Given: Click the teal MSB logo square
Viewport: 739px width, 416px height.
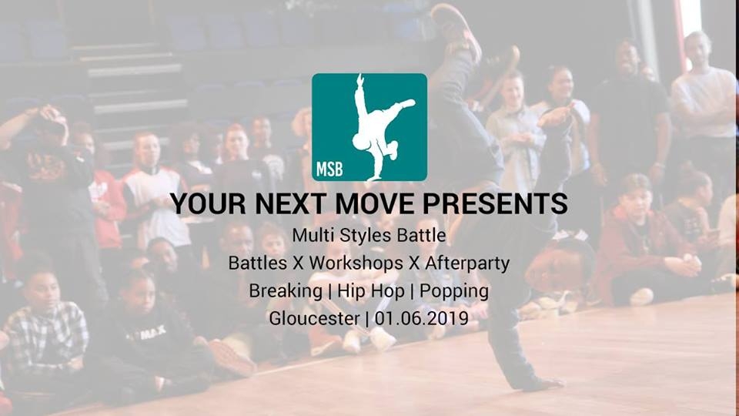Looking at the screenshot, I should [369, 127].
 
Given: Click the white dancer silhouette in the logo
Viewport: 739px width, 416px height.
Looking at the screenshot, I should [378, 123].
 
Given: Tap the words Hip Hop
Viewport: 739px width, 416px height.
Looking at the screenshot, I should [366, 291].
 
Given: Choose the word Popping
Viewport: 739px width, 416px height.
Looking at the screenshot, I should [452, 291].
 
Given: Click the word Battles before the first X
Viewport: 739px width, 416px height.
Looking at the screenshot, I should [257, 263].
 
